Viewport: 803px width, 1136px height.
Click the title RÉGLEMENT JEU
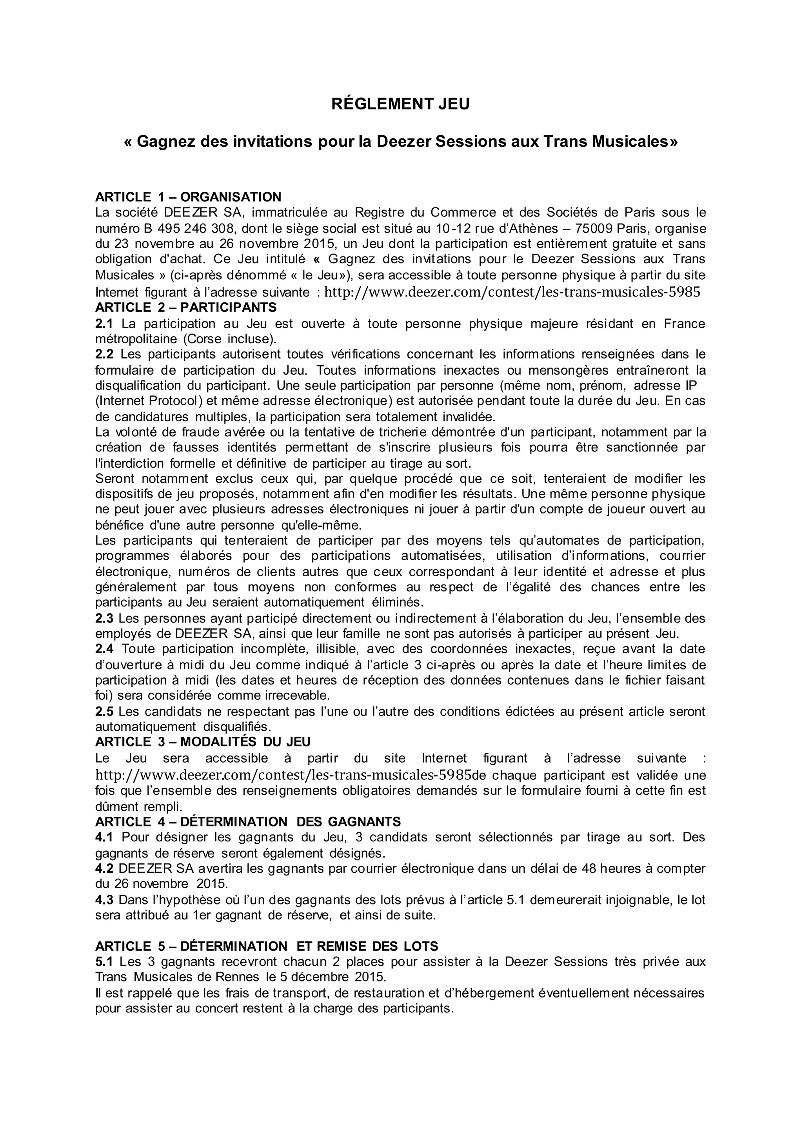click(400, 104)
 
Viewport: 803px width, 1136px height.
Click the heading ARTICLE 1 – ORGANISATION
click(188, 197)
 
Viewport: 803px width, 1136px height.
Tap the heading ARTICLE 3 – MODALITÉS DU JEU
click(203, 742)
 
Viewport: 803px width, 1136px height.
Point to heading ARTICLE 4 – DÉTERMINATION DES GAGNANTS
click(248, 822)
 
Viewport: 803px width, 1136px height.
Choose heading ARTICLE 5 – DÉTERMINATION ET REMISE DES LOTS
click(267, 947)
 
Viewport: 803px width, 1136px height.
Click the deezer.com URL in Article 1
click(512, 292)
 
